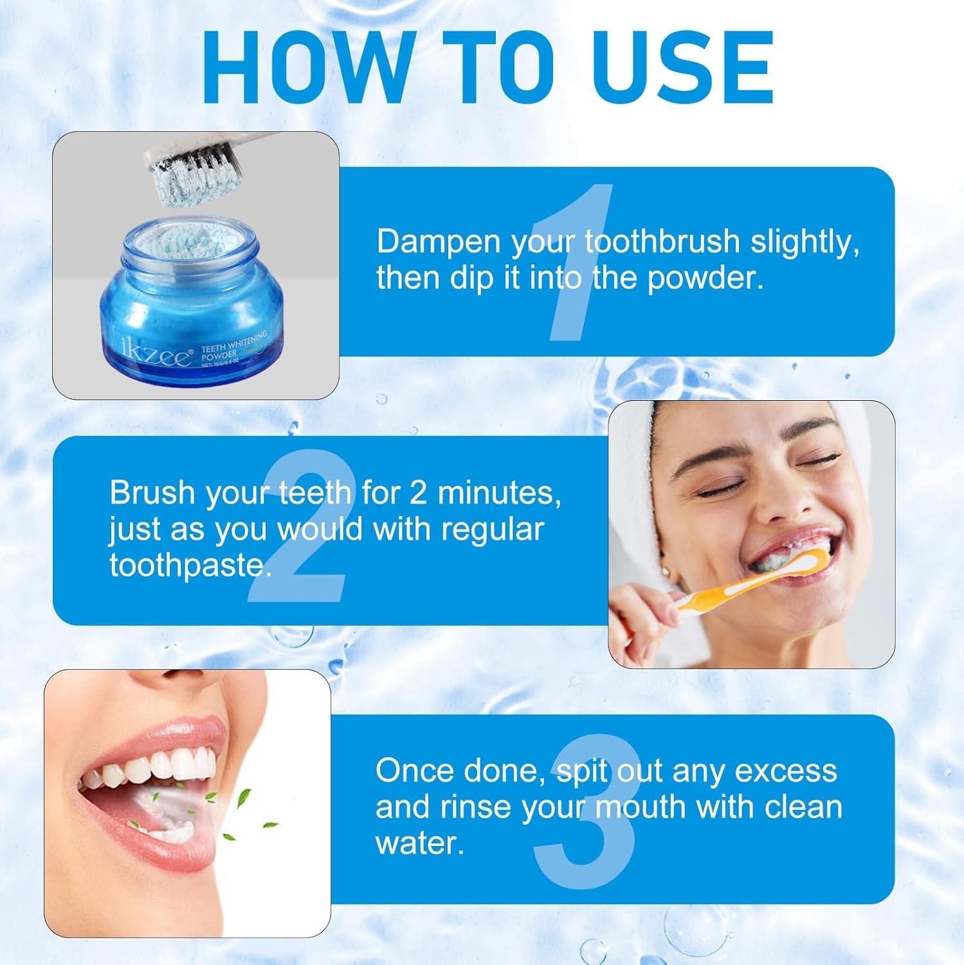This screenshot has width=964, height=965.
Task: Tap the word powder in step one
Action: coord(705,279)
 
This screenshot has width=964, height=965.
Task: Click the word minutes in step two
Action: coord(500,493)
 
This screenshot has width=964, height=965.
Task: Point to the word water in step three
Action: coord(419,843)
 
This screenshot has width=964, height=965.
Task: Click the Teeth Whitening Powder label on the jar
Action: coord(233,346)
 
